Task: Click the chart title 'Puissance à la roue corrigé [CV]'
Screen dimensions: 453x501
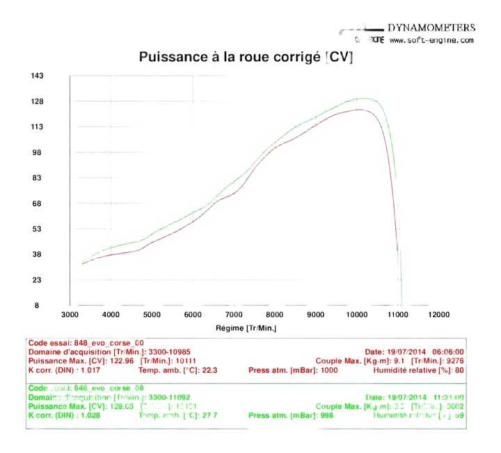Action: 246,58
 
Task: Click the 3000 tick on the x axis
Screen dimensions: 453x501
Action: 71,315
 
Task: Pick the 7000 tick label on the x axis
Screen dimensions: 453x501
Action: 234,315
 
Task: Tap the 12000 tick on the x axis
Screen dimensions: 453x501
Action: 439,315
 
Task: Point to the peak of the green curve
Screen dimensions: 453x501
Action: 362,99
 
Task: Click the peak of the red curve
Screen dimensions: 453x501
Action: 359,109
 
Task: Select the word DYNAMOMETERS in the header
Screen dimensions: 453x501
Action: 431,28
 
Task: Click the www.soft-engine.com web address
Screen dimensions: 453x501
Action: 431,40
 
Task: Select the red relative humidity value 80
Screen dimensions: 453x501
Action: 459,370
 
